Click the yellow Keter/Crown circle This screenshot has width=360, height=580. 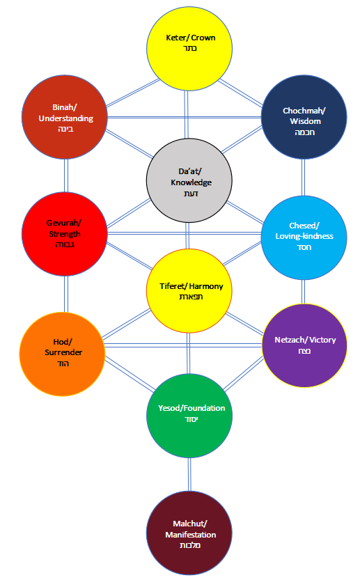pyautogui.click(x=188, y=43)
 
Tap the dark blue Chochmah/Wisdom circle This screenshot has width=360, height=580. pyautogui.click(x=304, y=118)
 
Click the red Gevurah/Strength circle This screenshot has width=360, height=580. pyautogui.click(x=64, y=234)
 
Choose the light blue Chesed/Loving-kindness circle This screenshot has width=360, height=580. pyautogui.click(x=304, y=235)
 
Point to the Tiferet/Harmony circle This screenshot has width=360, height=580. pyautogui.click(x=188, y=290)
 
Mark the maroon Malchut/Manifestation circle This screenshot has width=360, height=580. pyautogui.click(x=189, y=533)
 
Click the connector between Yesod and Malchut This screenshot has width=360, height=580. pyautogui.click(x=189, y=473)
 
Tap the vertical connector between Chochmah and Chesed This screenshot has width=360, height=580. pyautogui.click(x=304, y=178)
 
